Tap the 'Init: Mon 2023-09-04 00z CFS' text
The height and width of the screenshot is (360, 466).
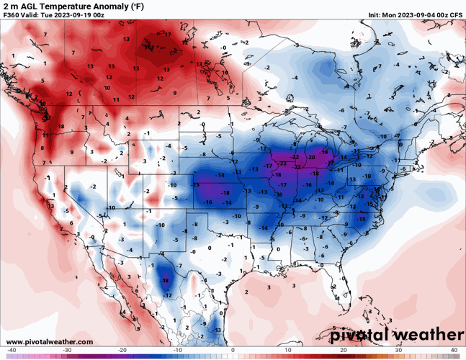(x=415, y=14)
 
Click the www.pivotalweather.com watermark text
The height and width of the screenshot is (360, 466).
(x=49, y=341)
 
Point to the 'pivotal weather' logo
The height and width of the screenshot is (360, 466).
(x=397, y=335)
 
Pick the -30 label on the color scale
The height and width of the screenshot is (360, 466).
(x=67, y=350)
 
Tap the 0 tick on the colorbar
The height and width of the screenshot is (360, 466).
(x=233, y=350)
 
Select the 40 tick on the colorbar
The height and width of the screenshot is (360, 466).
(x=453, y=350)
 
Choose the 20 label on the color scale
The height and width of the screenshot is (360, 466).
(x=344, y=350)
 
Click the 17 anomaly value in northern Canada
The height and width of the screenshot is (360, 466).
(x=167, y=34)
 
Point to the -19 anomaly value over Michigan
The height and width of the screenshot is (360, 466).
(x=326, y=152)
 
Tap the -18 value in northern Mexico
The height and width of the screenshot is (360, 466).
(x=166, y=280)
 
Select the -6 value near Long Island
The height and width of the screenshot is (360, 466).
(x=404, y=169)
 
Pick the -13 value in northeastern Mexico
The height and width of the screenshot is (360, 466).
(x=218, y=329)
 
